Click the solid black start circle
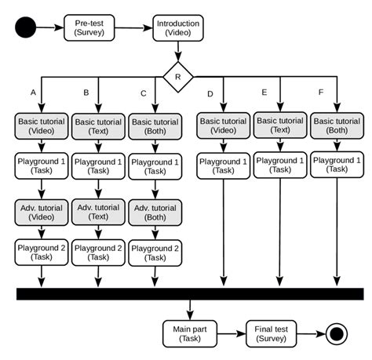[27, 28]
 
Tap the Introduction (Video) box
[178, 28]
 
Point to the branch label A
[33, 93]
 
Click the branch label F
[320, 93]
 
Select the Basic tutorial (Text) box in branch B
[97, 125]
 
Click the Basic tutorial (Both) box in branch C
[155, 125]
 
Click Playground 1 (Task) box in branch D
[223, 165]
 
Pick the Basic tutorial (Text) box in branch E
[280, 125]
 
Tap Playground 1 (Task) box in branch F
[337, 165]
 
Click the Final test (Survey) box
[272, 334]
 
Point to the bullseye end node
[337, 334]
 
